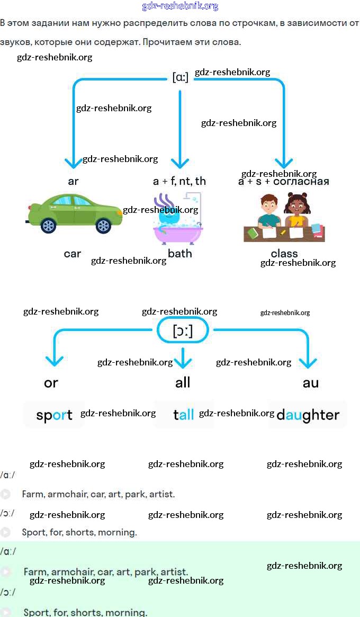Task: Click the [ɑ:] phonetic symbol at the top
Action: [180, 77]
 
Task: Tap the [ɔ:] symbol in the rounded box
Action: [183, 332]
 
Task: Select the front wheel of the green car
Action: [104, 226]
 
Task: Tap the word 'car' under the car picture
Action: [73, 254]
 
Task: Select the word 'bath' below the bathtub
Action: [179, 254]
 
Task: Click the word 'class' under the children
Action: [284, 254]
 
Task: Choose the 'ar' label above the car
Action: [73, 181]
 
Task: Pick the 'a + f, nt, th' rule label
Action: [179, 181]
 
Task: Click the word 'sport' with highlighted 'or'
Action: [54, 415]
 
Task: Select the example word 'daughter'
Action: [308, 415]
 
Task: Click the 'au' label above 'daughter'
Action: [311, 383]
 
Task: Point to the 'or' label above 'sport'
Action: [51, 383]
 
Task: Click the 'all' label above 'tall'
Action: [183, 382]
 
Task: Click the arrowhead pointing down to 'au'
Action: [308, 363]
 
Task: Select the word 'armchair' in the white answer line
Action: [67, 494]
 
